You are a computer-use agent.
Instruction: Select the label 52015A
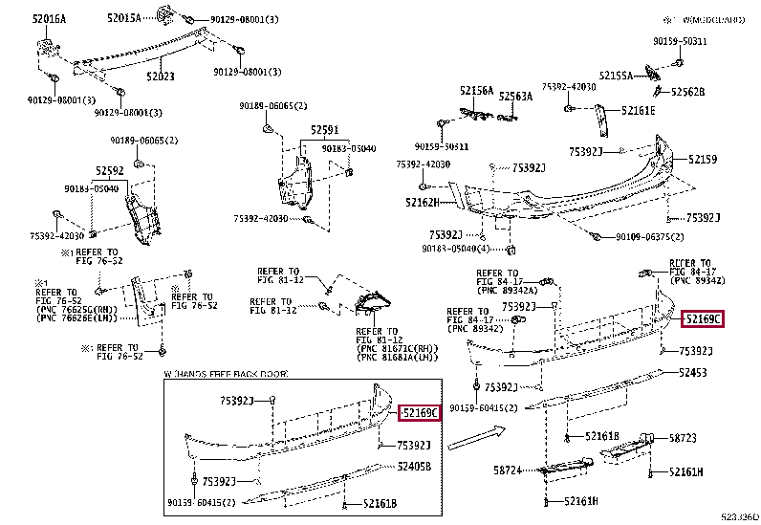(123, 18)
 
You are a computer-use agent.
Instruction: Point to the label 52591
(324, 129)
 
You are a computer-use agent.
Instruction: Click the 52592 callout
(109, 171)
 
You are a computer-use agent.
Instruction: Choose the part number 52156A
(476, 92)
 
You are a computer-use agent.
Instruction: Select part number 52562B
(687, 92)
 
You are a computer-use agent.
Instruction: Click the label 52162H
(421, 202)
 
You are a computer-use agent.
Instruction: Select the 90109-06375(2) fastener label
(650, 236)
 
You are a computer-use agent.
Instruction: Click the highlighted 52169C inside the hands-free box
(420, 413)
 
